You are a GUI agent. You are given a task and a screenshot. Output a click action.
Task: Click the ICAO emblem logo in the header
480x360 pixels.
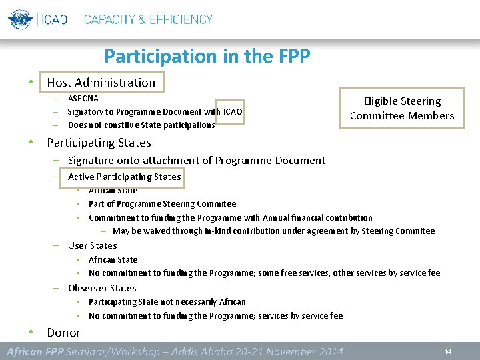coord(20,19)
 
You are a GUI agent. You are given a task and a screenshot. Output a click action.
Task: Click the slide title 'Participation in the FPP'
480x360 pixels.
coord(207,56)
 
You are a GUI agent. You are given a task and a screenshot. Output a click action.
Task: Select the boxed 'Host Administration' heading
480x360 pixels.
coord(101,83)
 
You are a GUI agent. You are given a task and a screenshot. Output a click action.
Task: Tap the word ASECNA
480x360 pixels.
coord(83,99)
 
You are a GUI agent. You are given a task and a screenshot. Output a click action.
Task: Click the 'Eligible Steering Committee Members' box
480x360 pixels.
coord(402,108)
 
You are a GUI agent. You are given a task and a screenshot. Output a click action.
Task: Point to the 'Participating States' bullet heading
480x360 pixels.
coord(99,143)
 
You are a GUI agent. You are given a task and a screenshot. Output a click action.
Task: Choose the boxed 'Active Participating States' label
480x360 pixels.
coord(124,177)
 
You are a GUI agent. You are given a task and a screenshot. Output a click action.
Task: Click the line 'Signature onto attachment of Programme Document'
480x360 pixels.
coord(197,160)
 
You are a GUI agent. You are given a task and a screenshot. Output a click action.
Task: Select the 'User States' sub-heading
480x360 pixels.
coord(92,245)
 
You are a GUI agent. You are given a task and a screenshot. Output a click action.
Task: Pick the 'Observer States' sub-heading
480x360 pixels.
coord(102,288)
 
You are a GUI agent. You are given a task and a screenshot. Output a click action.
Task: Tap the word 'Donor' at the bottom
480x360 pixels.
coord(63,332)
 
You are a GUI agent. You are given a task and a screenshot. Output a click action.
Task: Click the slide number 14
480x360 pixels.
coord(448,351)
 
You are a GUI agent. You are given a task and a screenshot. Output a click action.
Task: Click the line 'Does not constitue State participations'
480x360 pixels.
coord(141,125)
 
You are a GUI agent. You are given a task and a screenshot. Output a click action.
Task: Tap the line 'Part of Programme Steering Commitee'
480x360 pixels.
coord(162,203)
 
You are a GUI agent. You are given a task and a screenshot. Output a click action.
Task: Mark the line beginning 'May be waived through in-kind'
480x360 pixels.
coord(273,231)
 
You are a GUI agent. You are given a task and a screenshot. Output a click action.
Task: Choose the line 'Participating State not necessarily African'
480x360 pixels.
coord(167,302)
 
